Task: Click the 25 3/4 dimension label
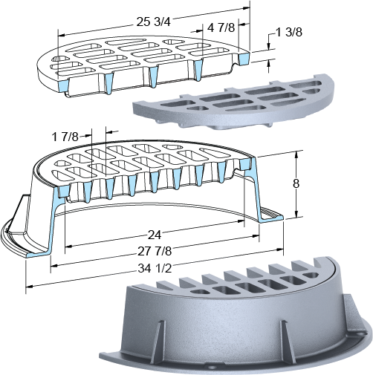point(154,22)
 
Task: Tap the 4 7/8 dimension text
point(221,28)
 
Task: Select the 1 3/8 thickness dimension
point(289,33)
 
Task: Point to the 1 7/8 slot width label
point(65,137)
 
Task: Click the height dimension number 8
point(296,183)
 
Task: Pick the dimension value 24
point(155,235)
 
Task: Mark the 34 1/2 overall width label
point(155,268)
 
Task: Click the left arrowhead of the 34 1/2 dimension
point(29,287)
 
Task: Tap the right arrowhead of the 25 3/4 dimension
point(246,8)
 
